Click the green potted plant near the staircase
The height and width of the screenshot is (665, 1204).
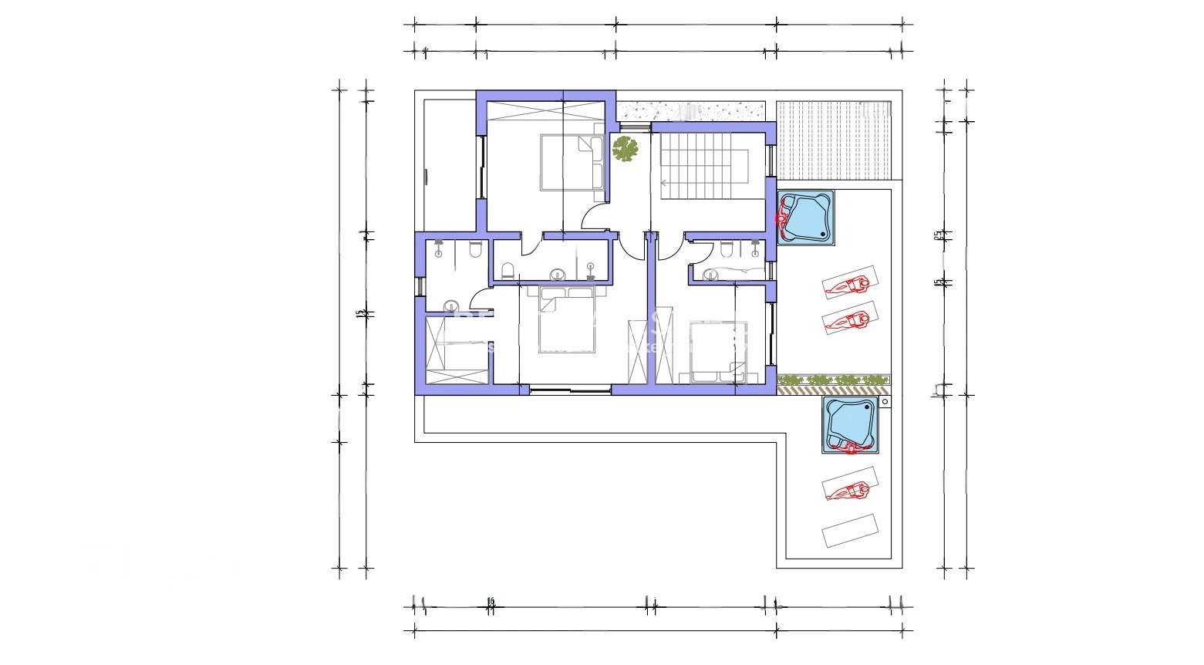[626, 148]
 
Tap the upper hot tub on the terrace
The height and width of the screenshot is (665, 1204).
[805, 218]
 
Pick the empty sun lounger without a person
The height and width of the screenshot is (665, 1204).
[850, 531]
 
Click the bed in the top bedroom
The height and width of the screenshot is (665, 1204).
[572, 162]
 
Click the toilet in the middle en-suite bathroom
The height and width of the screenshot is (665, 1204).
[508, 270]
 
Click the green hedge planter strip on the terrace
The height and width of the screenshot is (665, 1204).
[834, 380]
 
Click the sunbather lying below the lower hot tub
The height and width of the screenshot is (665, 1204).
[848, 489]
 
